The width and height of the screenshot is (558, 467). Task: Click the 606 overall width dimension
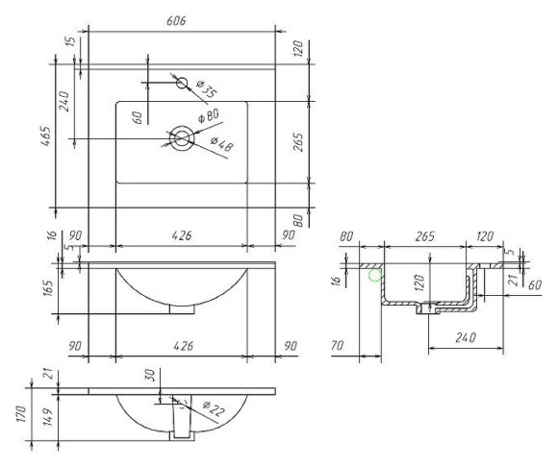(175, 21)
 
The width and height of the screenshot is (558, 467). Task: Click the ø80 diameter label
(210, 117)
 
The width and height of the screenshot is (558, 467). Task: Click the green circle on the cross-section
(374, 276)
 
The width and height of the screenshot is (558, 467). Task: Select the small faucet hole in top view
(182, 83)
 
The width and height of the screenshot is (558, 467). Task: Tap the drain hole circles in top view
(181, 139)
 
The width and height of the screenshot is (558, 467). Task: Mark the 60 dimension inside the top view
(138, 117)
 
